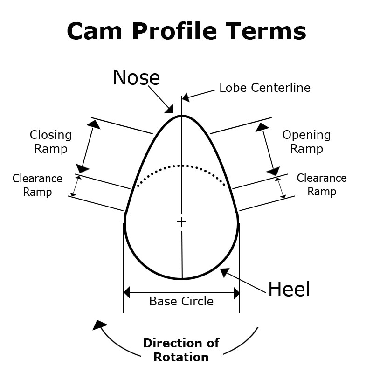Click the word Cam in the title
click(95, 31)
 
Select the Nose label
click(136, 78)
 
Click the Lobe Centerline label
click(264, 88)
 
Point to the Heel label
click(289, 290)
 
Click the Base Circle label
click(181, 301)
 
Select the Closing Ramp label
click(51, 142)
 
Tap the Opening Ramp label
click(306, 142)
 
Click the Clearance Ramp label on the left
click(37, 185)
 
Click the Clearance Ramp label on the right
click(322, 185)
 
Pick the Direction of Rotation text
click(181, 351)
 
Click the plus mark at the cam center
click(181, 222)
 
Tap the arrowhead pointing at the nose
click(169, 109)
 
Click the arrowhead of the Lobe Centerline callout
click(186, 98)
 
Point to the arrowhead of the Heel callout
click(224, 272)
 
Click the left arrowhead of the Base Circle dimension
click(127, 293)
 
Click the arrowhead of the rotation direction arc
click(99, 325)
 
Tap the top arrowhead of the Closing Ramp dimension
click(95, 124)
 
